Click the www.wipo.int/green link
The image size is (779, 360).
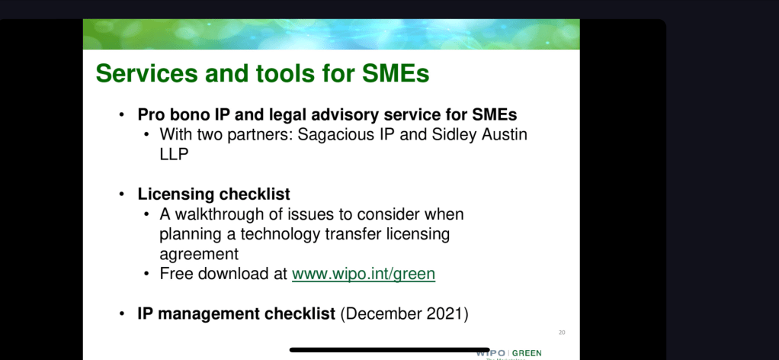tap(364, 274)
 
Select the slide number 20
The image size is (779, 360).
tap(562, 332)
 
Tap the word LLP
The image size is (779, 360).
tap(174, 154)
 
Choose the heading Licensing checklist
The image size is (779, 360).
tap(213, 194)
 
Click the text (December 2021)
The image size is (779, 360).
tap(405, 314)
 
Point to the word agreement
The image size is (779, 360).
tap(199, 255)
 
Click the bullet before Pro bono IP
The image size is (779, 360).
tap(122, 115)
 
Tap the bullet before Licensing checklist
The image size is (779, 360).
tap(122, 194)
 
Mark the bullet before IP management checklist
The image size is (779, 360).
tap(122, 314)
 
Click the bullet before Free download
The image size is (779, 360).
tap(146, 274)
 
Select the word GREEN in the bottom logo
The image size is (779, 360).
tap(527, 354)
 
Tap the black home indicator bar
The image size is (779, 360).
tap(389, 350)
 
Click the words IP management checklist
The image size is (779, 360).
tap(236, 314)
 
